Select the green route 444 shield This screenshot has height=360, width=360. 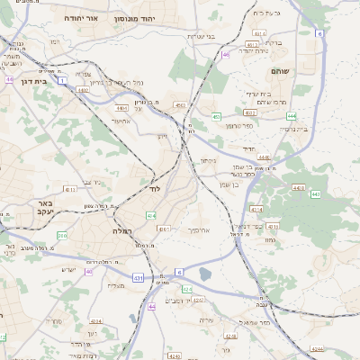292,116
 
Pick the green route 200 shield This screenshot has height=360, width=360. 62,235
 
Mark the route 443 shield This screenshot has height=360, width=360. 315,193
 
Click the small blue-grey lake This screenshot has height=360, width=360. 205,274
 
